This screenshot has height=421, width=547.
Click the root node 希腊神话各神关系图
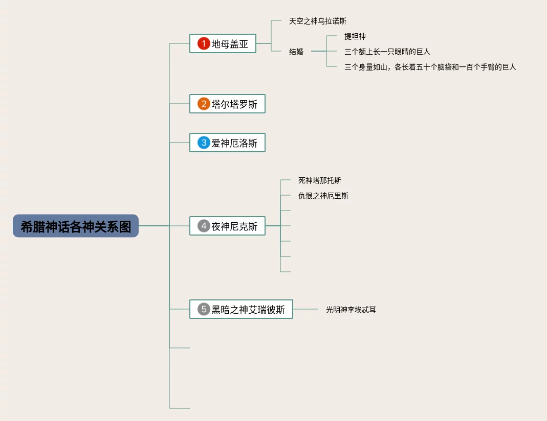76,226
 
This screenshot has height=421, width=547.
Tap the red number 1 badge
204,43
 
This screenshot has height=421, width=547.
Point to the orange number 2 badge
204,104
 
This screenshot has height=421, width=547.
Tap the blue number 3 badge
204,143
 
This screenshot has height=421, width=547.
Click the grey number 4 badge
204,226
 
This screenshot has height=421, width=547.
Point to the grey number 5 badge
204,309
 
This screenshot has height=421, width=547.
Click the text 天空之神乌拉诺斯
318,21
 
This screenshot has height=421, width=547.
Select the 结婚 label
296,52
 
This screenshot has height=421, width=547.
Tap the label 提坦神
355,36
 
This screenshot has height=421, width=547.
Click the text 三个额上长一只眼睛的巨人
387,52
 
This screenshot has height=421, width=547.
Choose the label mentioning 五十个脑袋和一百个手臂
430,67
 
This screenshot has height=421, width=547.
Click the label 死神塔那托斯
320,180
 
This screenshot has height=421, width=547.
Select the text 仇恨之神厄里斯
323,196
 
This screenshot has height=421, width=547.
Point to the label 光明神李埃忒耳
351,310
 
